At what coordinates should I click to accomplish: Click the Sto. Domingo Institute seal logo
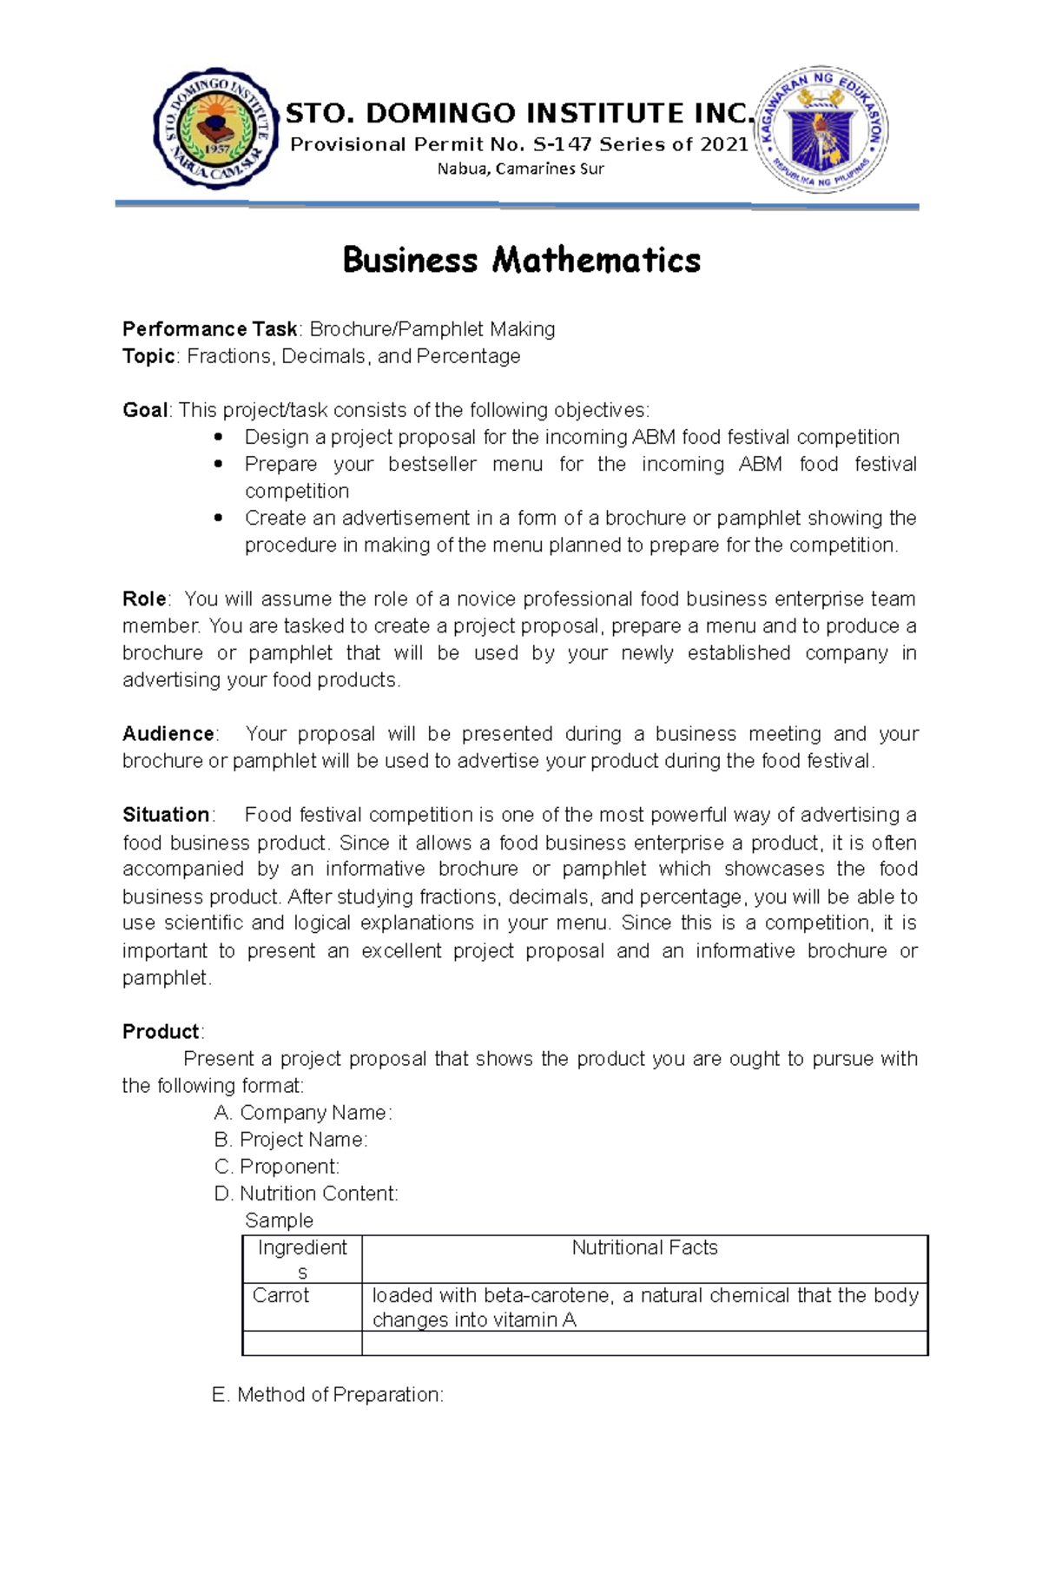[215, 129]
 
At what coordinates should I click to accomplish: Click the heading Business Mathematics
[521, 260]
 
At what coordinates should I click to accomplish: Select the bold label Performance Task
[209, 329]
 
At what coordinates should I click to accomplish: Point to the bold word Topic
[148, 356]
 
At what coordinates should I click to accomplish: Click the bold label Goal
[145, 410]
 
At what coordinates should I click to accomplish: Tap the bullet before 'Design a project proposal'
[218, 437]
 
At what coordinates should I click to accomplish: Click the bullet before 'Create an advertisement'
[218, 518]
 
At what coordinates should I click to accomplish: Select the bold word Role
[144, 599]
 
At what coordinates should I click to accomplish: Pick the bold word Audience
[168, 734]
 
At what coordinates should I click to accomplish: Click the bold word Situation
[166, 815]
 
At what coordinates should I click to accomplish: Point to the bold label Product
[161, 1032]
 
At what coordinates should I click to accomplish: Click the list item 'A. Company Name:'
[303, 1113]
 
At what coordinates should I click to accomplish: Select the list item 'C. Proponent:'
[277, 1167]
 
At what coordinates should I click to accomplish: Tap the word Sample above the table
[279, 1220]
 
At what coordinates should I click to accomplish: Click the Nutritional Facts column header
[644, 1247]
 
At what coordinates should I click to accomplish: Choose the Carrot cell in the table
[280, 1295]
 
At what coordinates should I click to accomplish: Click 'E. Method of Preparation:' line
[327, 1394]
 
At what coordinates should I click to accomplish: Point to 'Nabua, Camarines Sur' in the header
[520, 169]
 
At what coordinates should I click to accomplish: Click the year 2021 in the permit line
[724, 144]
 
